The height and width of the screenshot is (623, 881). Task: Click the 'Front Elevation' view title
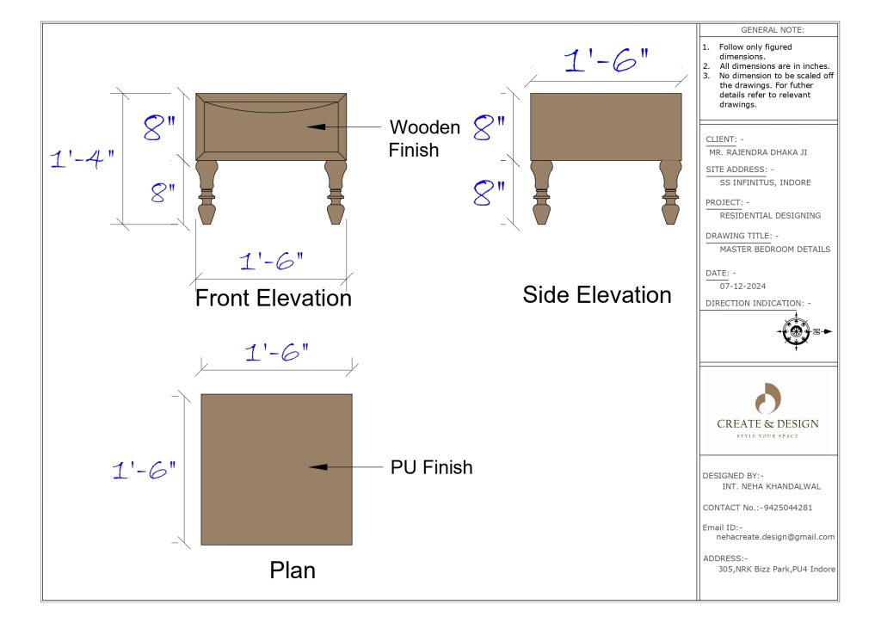pyautogui.click(x=274, y=299)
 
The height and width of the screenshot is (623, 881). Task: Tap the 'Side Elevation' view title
pyautogui.click(x=597, y=295)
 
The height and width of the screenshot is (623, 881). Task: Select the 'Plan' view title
pyautogui.click(x=293, y=570)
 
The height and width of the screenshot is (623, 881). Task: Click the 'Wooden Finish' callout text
pyautogui.click(x=424, y=139)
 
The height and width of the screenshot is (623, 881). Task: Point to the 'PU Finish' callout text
pyautogui.click(x=431, y=467)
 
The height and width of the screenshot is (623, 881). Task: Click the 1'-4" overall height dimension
pyautogui.click(x=82, y=159)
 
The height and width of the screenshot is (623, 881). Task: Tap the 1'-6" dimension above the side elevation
pyautogui.click(x=606, y=61)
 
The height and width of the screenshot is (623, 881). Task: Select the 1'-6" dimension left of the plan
pyautogui.click(x=144, y=470)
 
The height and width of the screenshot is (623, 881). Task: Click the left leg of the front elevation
pyautogui.click(x=206, y=193)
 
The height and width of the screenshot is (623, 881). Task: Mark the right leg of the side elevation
pyautogui.click(x=669, y=193)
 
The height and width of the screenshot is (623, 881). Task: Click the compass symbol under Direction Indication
pyautogui.click(x=796, y=331)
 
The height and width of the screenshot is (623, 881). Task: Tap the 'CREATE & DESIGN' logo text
pyautogui.click(x=767, y=423)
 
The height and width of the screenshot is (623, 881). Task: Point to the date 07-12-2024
pyautogui.click(x=742, y=286)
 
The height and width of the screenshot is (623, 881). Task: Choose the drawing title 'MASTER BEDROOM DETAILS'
pyautogui.click(x=774, y=249)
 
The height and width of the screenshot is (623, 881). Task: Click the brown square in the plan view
pyautogui.click(x=276, y=469)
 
